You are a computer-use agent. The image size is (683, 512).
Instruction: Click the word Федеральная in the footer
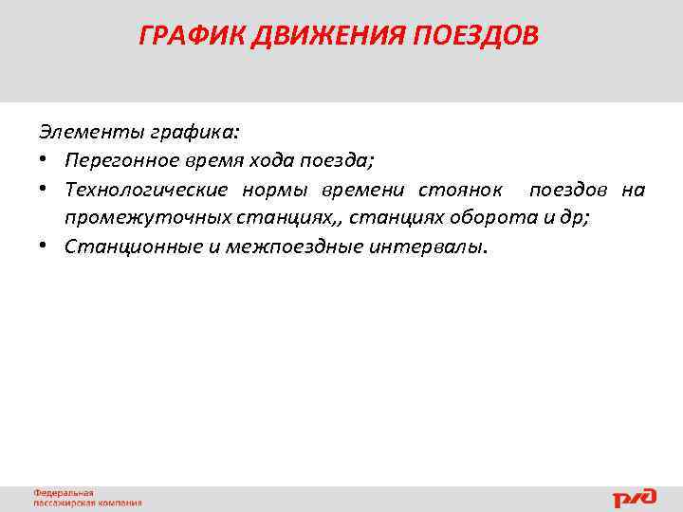point(64,493)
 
